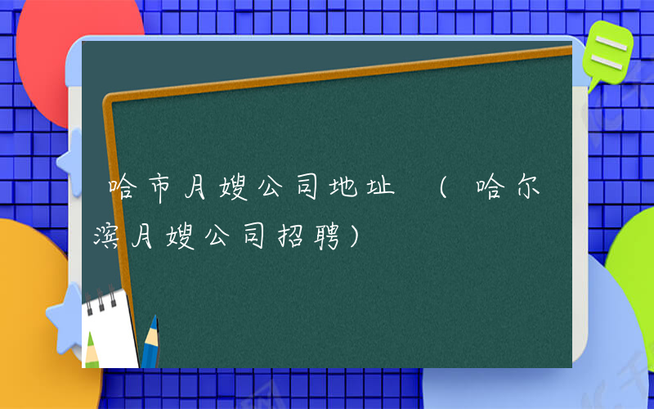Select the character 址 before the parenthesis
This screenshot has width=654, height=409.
click(381, 190)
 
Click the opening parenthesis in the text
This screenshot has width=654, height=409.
click(442, 190)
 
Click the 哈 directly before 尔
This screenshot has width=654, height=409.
click(490, 190)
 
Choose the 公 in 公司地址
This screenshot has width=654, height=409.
click(268, 190)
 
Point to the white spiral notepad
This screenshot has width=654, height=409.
click(109, 327)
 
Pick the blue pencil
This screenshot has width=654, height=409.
click(150, 344)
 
